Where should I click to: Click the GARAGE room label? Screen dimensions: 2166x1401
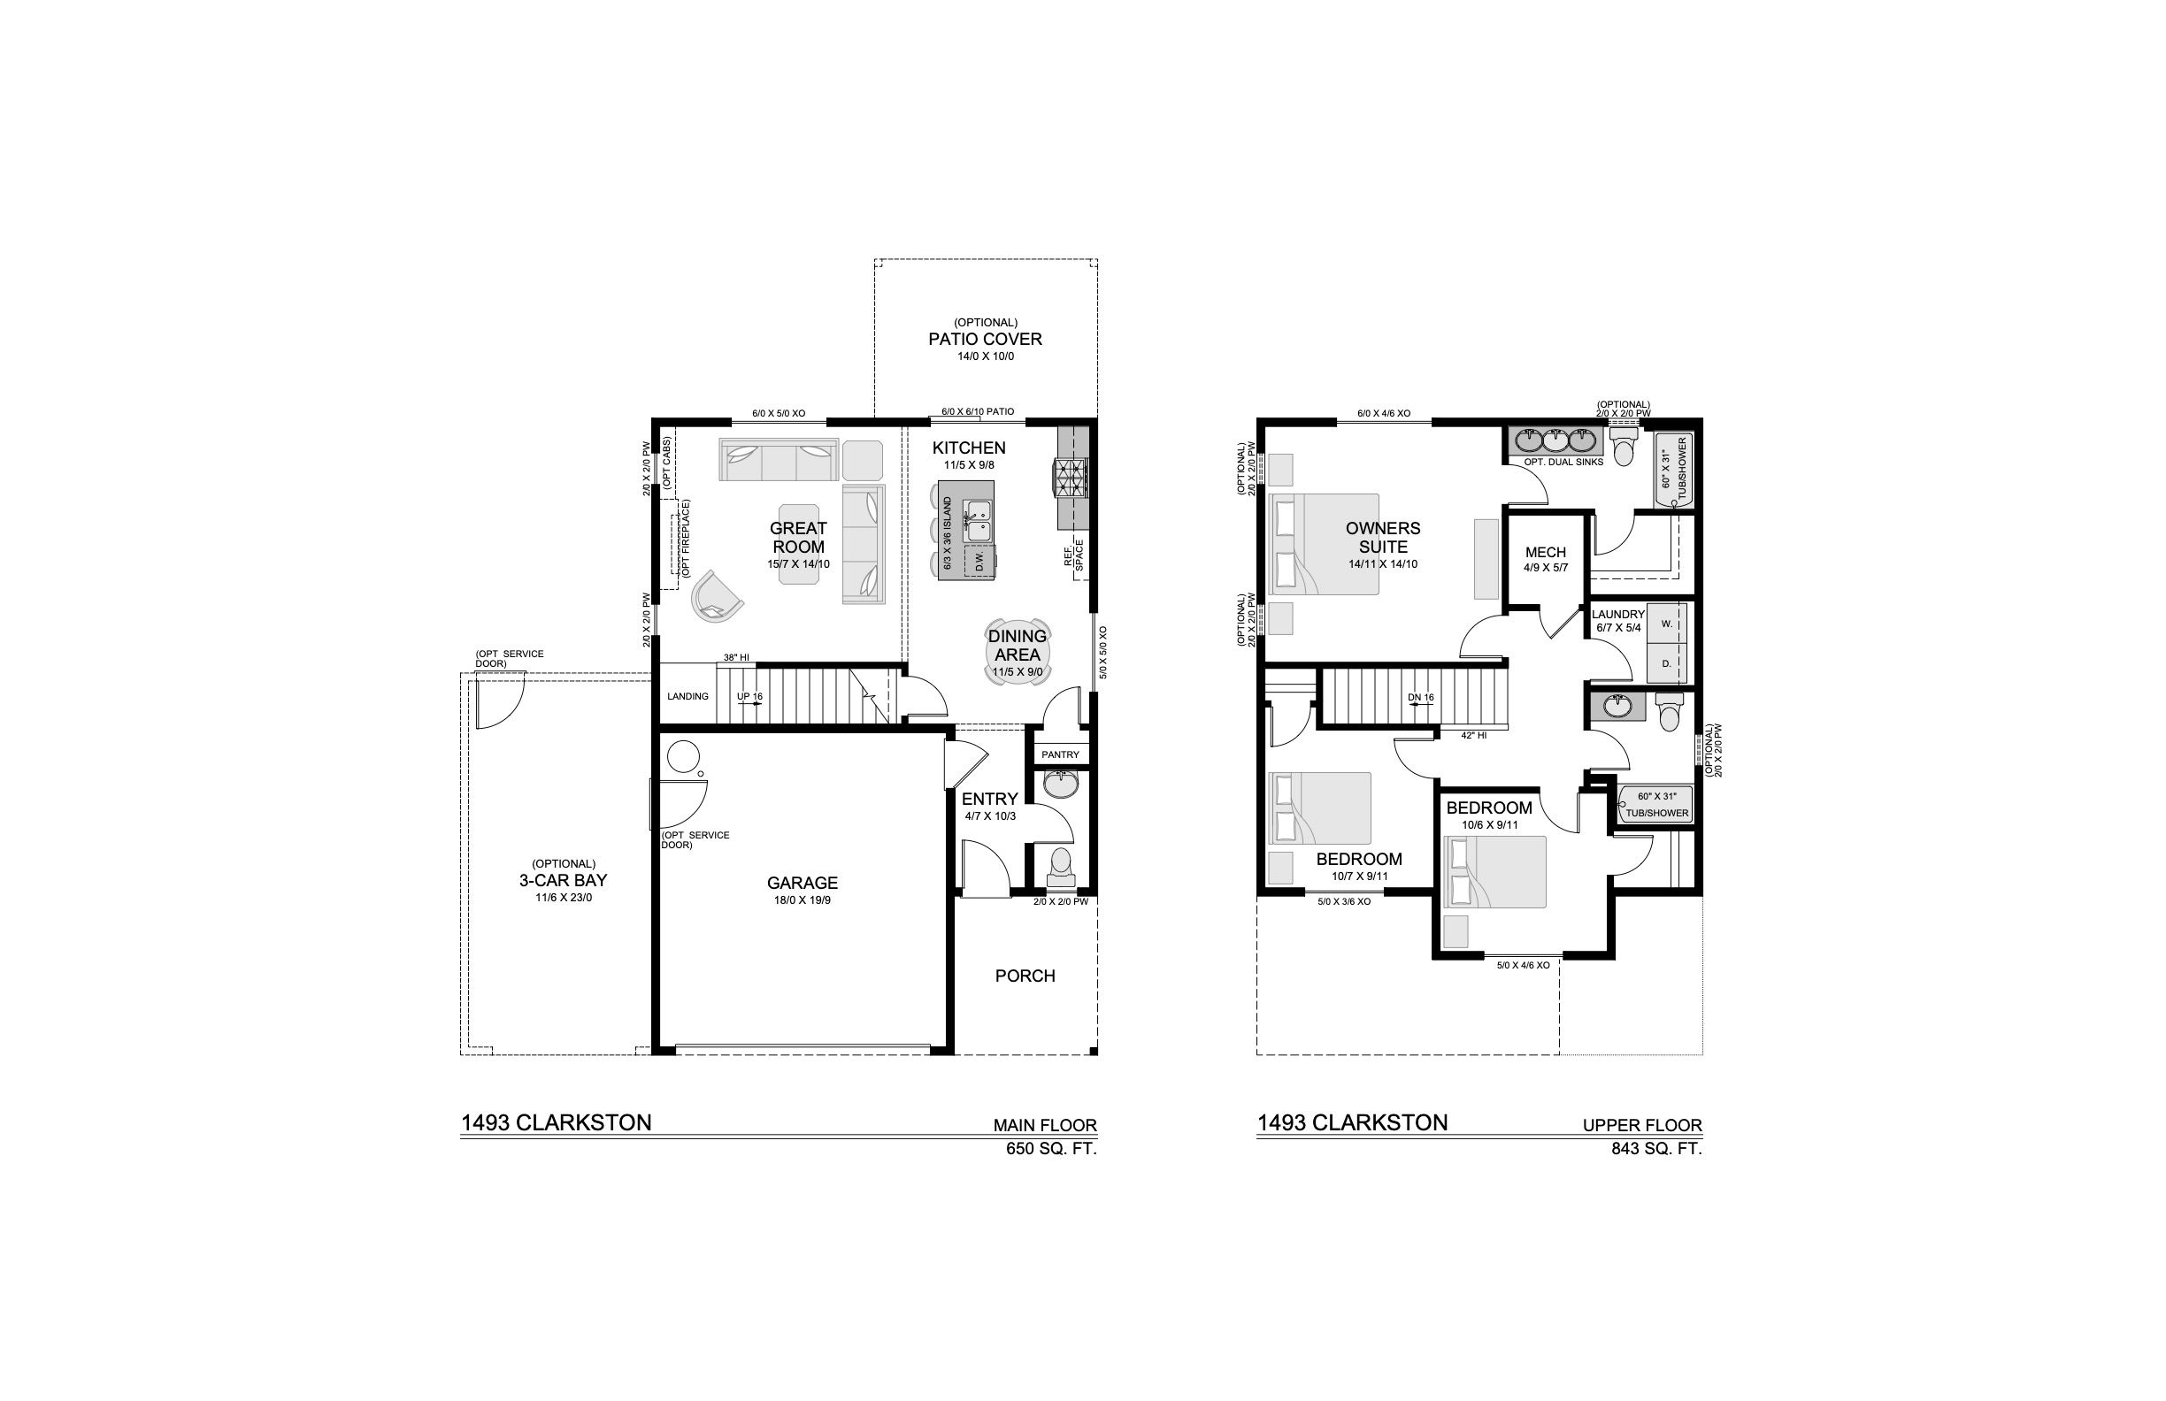click(802, 883)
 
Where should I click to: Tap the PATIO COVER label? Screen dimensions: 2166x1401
click(985, 340)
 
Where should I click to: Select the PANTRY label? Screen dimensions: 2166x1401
click(1060, 754)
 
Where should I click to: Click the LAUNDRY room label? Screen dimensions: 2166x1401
click(1618, 614)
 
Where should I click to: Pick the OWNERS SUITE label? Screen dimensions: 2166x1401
click(1382, 537)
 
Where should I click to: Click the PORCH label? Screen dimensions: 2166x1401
click(1025, 976)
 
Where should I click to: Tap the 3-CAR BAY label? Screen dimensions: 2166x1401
click(563, 881)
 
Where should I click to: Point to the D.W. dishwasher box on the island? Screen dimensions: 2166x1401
click(979, 561)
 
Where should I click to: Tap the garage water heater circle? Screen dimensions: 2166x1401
click(681, 757)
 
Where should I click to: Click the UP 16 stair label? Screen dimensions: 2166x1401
click(750, 696)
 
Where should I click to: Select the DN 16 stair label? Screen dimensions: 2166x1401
click(1420, 698)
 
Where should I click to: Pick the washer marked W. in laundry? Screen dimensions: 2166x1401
click(1666, 624)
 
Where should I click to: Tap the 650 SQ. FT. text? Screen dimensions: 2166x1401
click(1051, 1149)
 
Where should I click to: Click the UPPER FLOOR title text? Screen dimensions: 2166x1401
click(1642, 1125)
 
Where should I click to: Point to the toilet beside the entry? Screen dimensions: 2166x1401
click(1060, 867)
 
